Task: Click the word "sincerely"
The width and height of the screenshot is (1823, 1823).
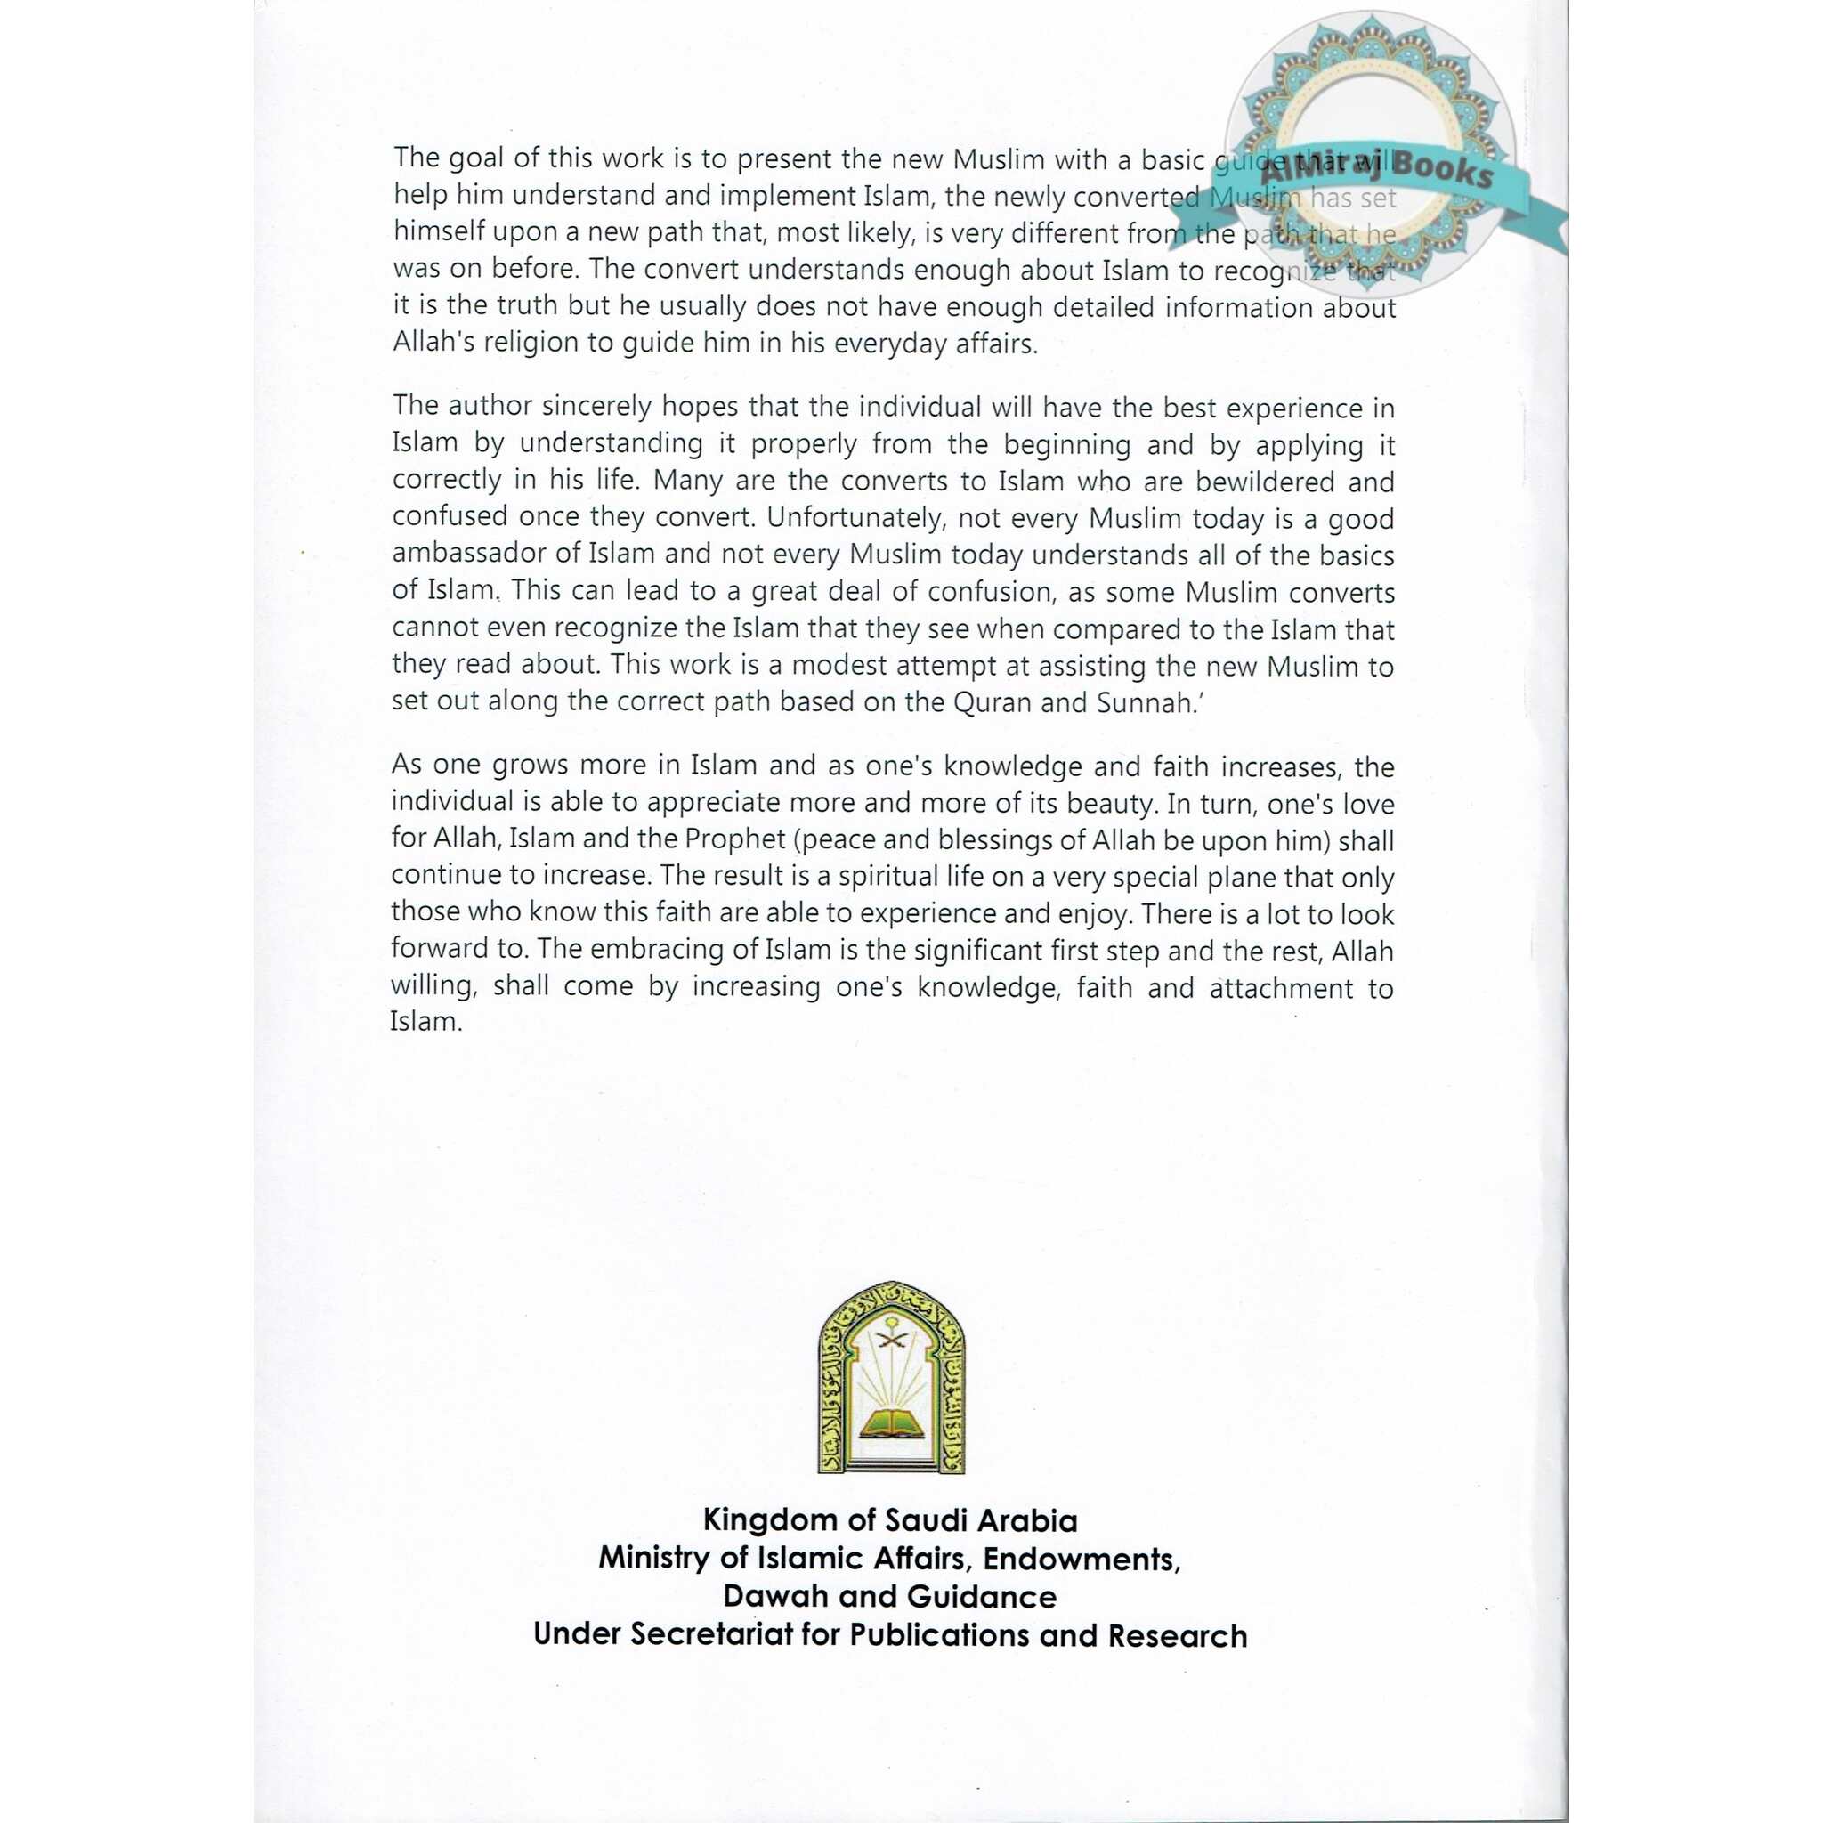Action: point(587,408)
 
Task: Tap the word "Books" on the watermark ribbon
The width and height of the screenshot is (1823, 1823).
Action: point(1443,170)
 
